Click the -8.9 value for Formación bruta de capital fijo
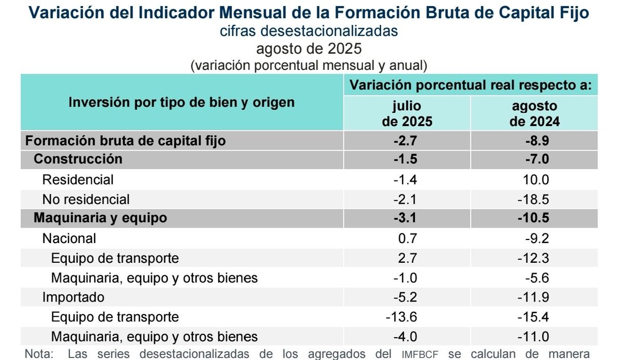pyautogui.click(x=534, y=141)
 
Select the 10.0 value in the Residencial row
pyautogui.click(x=534, y=179)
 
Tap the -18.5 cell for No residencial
pyautogui.click(x=534, y=199)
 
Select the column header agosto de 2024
pyautogui.click(x=534, y=114)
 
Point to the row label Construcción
pyautogui.click(x=78, y=159)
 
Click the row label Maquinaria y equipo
pyautogui.click(x=100, y=218)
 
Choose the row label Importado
pyautogui.click(x=73, y=297)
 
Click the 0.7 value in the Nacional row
pyautogui.click(x=406, y=238)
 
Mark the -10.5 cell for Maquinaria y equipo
pyautogui.click(x=534, y=218)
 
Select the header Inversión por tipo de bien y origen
pyautogui.click(x=182, y=102)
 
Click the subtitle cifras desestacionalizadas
pyautogui.click(x=309, y=31)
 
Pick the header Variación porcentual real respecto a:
pyautogui.click(x=471, y=85)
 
